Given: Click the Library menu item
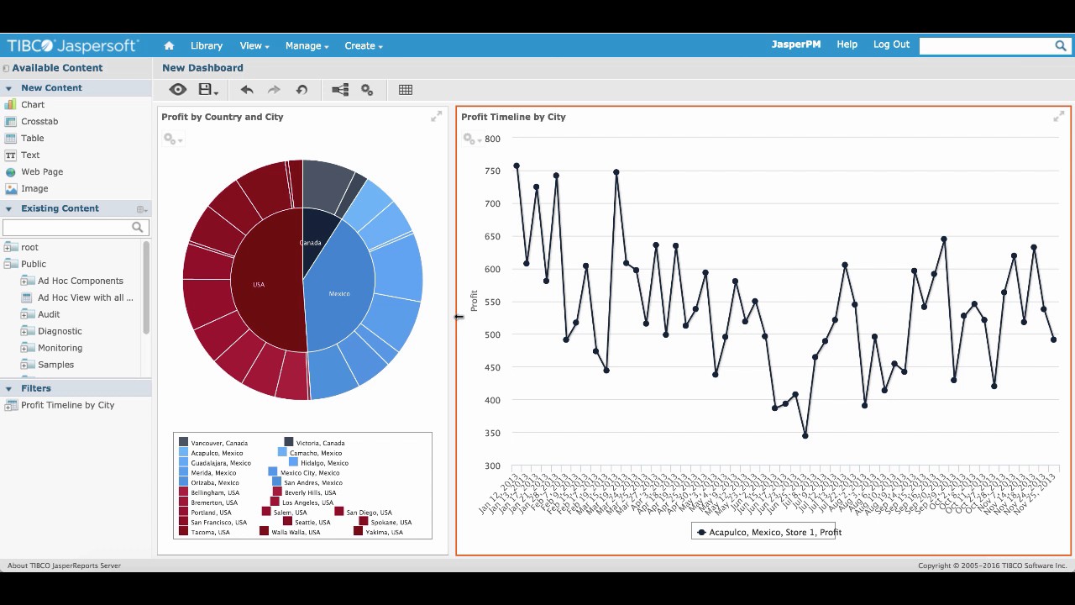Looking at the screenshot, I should click(x=206, y=45).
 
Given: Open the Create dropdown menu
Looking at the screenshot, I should click(x=364, y=45).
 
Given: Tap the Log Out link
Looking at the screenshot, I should click(x=891, y=45).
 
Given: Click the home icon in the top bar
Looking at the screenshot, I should click(x=169, y=45).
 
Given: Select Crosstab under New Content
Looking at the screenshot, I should click(x=39, y=121).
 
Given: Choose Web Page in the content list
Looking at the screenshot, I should click(x=42, y=171).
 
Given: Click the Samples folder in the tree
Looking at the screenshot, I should click(x=55, y=365).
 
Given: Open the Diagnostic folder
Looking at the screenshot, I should click(x=60, y=331).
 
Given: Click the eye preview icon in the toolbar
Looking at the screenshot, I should click(x=177, y=89).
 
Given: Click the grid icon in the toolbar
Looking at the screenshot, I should click(x=406, y=89).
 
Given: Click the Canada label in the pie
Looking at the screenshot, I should click(x=310, y=243).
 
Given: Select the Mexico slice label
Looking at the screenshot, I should click(x=339, y=293).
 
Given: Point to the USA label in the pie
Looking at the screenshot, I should click(x=259, y=285).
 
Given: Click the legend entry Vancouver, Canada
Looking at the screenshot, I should click(x=218, y=443).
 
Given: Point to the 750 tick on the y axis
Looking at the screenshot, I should click(x=491, y=171).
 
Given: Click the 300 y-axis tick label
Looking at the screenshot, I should click(x=491, y=466).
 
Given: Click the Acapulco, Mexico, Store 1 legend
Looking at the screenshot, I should click(x=768, y=532).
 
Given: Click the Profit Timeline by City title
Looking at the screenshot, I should click(x=513, y=117).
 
